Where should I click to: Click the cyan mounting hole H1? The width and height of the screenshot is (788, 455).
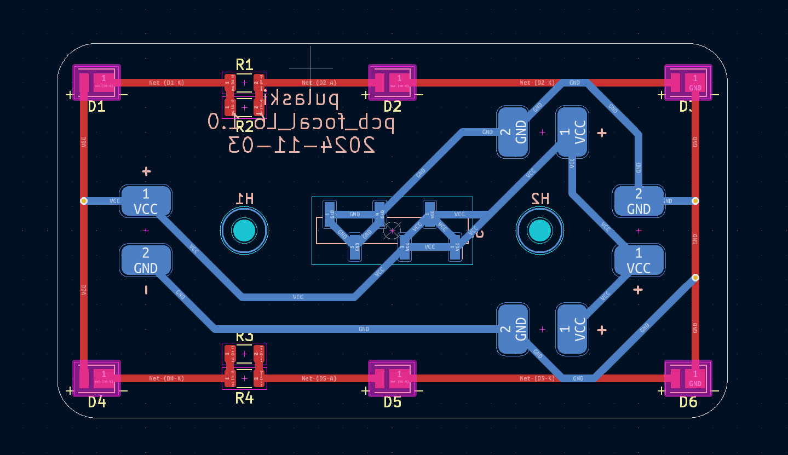tap(244, 231)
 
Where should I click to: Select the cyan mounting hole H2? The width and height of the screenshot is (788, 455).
tap(539, 231)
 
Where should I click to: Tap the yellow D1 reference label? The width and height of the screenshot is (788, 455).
tap(97, 106)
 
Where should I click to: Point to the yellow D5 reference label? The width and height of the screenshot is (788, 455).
tap(392, 402)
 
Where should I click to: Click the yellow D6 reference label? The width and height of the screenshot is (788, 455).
tap(688, 402)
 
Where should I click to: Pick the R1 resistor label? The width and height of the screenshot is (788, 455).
tap(244, 65)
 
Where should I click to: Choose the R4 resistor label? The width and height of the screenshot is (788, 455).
tap(244, 398)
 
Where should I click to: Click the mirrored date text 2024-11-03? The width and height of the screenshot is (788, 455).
tap(302, 145)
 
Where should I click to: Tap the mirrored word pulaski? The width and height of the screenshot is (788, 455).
tap(303, 99)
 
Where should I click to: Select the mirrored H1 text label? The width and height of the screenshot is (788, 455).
tap(244, 199)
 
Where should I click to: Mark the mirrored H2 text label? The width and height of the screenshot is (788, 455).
tap(540, 199)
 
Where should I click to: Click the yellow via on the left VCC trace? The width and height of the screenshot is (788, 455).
tap(84, 201)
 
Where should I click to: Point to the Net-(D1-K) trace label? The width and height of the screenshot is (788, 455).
tap(166, 83)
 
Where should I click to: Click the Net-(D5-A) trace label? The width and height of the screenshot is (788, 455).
tap(319, 378)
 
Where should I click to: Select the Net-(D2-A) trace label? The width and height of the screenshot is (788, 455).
tap(319, 83)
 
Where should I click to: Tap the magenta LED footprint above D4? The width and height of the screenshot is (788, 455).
tap(97, 378)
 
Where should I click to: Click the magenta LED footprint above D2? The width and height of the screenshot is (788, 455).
tap(392, 82)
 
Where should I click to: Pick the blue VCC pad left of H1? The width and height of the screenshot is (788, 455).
tap(146, 201)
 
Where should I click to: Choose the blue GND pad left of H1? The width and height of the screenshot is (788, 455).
tap(146, 260)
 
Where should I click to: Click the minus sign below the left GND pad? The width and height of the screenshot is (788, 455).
tap(146, 290)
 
